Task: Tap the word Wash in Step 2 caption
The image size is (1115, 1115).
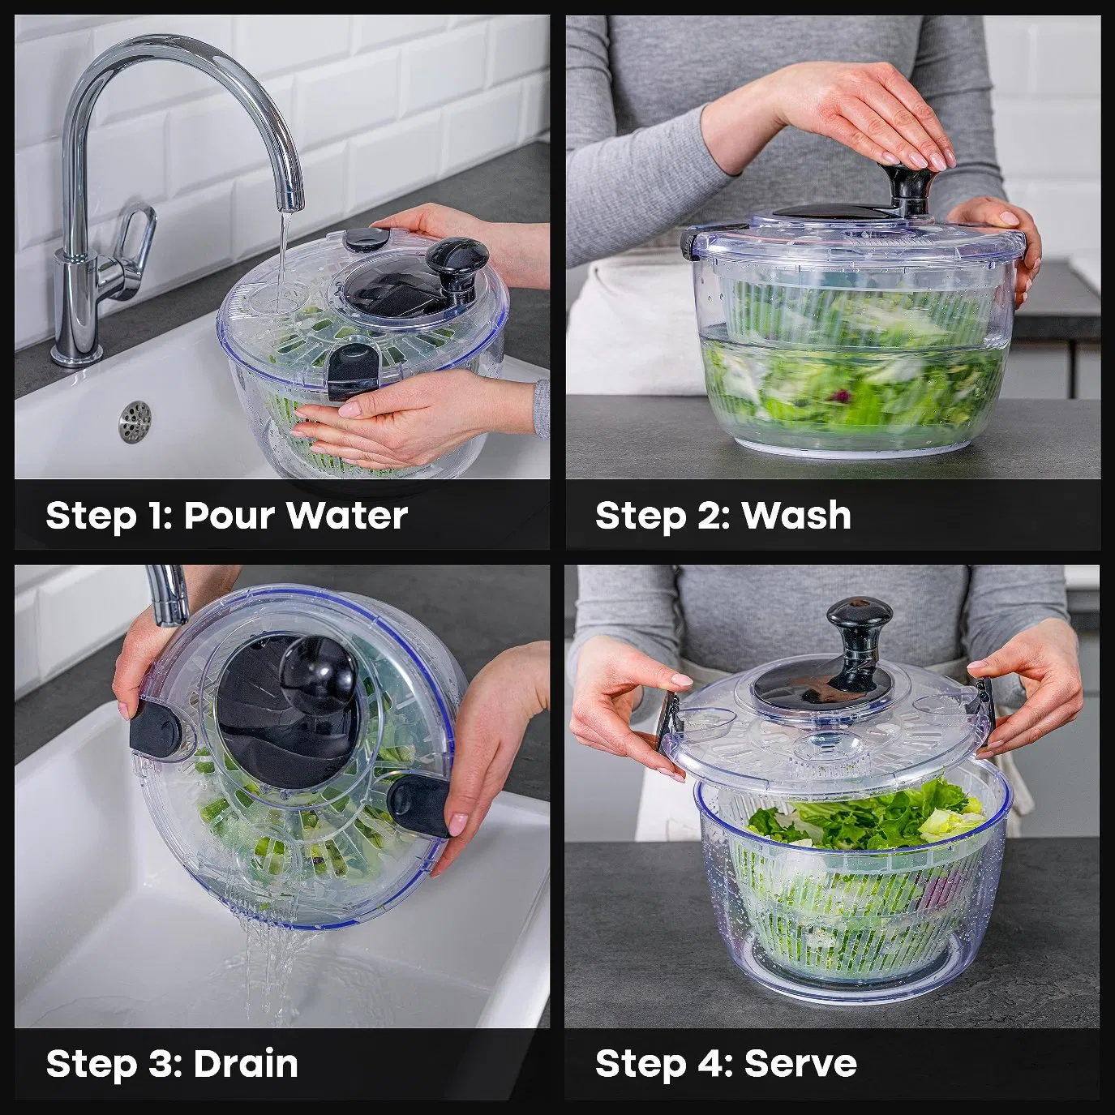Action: [796, 516]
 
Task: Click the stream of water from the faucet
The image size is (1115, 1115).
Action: [281, 251]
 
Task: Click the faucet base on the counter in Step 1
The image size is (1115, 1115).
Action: [77, 353]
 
